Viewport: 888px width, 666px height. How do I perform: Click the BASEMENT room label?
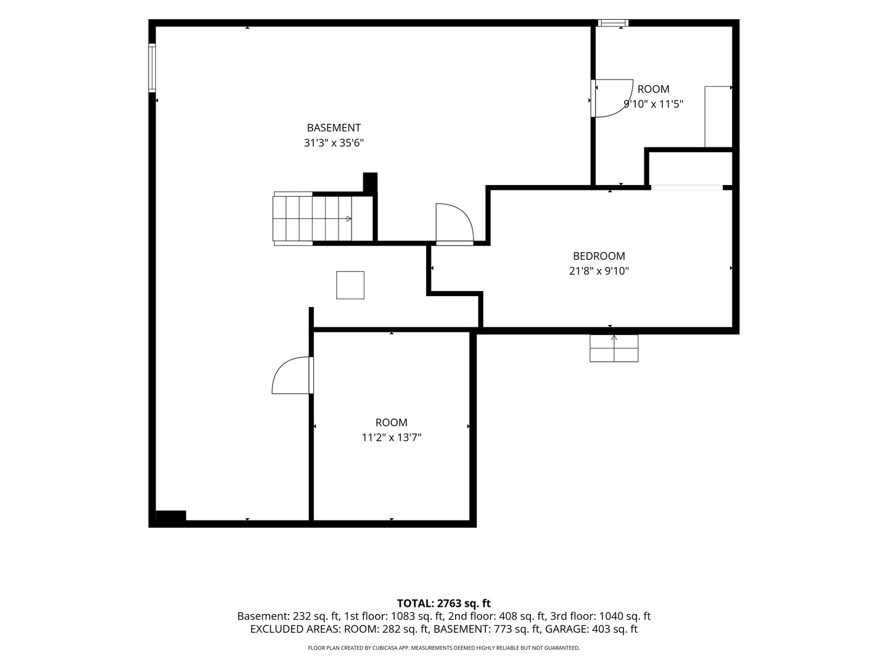(x=334, y=128)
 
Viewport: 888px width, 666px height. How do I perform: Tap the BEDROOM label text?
(x=599, y=256)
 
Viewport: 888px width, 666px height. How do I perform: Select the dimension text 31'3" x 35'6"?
(x=334, y=142)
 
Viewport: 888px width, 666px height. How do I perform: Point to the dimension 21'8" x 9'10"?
(x=599, y=271)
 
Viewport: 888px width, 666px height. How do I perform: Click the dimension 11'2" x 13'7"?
(x=391, y=438)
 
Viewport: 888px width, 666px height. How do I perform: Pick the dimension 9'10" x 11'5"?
(x=653, y=104)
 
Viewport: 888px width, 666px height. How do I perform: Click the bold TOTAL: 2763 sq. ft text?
(x=443, y=603)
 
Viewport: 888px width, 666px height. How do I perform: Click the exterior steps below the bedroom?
(x=614, y=348)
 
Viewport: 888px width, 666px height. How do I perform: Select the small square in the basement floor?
(x=350, y=285)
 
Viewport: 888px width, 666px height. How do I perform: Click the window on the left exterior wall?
(x=152, y=68)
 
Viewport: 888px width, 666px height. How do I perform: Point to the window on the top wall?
(x=614, y=23)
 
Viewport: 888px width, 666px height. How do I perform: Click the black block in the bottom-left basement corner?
(x=171, y=516)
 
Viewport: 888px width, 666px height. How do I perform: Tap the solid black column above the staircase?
(x=370, y=182)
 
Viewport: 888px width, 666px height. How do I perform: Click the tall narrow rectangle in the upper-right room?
(x=718, y=117)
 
